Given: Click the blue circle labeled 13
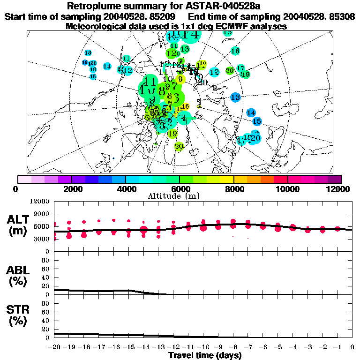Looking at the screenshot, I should [x=235, y=97].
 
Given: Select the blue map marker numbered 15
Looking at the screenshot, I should [x=256, y=121].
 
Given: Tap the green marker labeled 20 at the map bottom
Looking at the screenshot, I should [x=178, y=146].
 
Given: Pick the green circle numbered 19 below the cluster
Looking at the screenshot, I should [x=172, y=134].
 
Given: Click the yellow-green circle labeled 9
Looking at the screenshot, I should [x=180, y=79].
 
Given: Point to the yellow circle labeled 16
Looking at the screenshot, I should [x=185, y=107].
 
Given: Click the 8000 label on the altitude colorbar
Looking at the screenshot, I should [x=233, y=189].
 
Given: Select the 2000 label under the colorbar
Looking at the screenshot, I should [x=71, y=189].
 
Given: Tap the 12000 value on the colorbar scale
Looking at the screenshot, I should [x=339, y=189].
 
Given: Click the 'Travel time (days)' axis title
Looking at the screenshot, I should [x=205, y=355].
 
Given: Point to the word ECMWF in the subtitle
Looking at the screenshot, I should [x=218, y=26].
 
